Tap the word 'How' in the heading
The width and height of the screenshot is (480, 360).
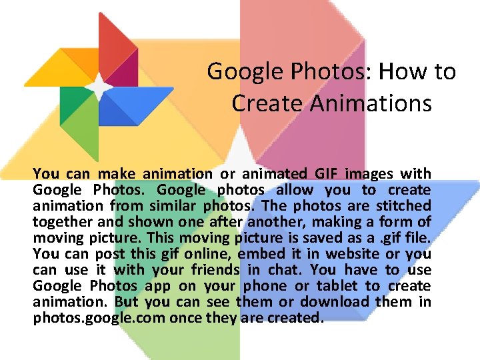[399, 71]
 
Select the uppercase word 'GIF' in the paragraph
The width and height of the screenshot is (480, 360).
[322, 174]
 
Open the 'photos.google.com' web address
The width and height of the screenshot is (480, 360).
[93, 318]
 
